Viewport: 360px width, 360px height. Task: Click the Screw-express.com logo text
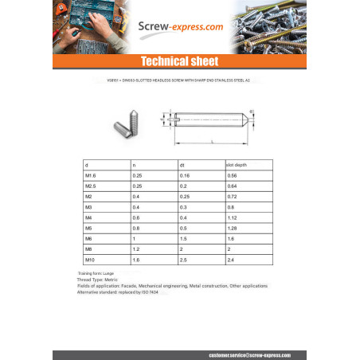pyautogui.click(x=179, y=26)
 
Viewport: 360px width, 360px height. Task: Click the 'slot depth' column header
pyautogui.click(x=237, y=164)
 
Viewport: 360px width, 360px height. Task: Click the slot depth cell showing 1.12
pyautogui.click(x=233, y=217)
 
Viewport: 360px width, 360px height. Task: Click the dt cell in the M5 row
pyautogui.click(x=184, y=228)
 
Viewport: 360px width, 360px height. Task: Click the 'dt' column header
pyautogui.click(x=182, y=164)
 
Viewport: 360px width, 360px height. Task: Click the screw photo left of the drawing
pyautogui.click(x=125, y=124)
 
